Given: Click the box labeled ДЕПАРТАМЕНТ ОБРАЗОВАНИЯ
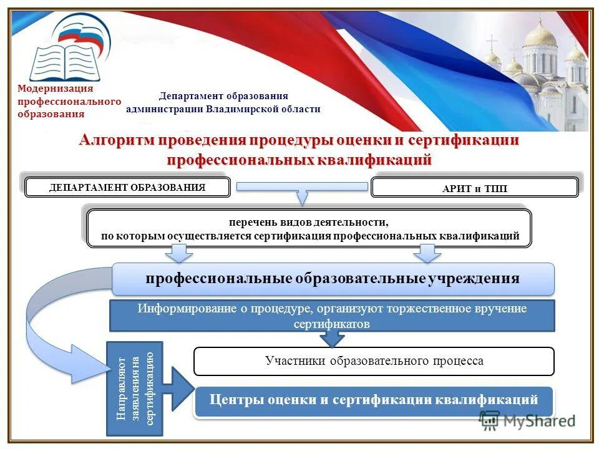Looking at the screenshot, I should (x=127, y=188).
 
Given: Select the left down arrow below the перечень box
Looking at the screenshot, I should (x=179, y=253).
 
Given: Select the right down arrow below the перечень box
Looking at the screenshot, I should (x=427, y=253).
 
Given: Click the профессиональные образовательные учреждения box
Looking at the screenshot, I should (x=333, y=279).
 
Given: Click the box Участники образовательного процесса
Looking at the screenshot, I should (x=374, y=361).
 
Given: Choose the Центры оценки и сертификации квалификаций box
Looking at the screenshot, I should (x=374, y=400).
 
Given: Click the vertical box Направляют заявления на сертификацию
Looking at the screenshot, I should (x=135, y=389).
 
